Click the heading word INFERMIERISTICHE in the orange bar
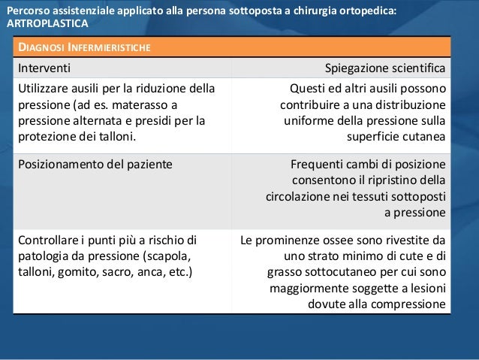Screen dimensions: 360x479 (109, 49)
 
